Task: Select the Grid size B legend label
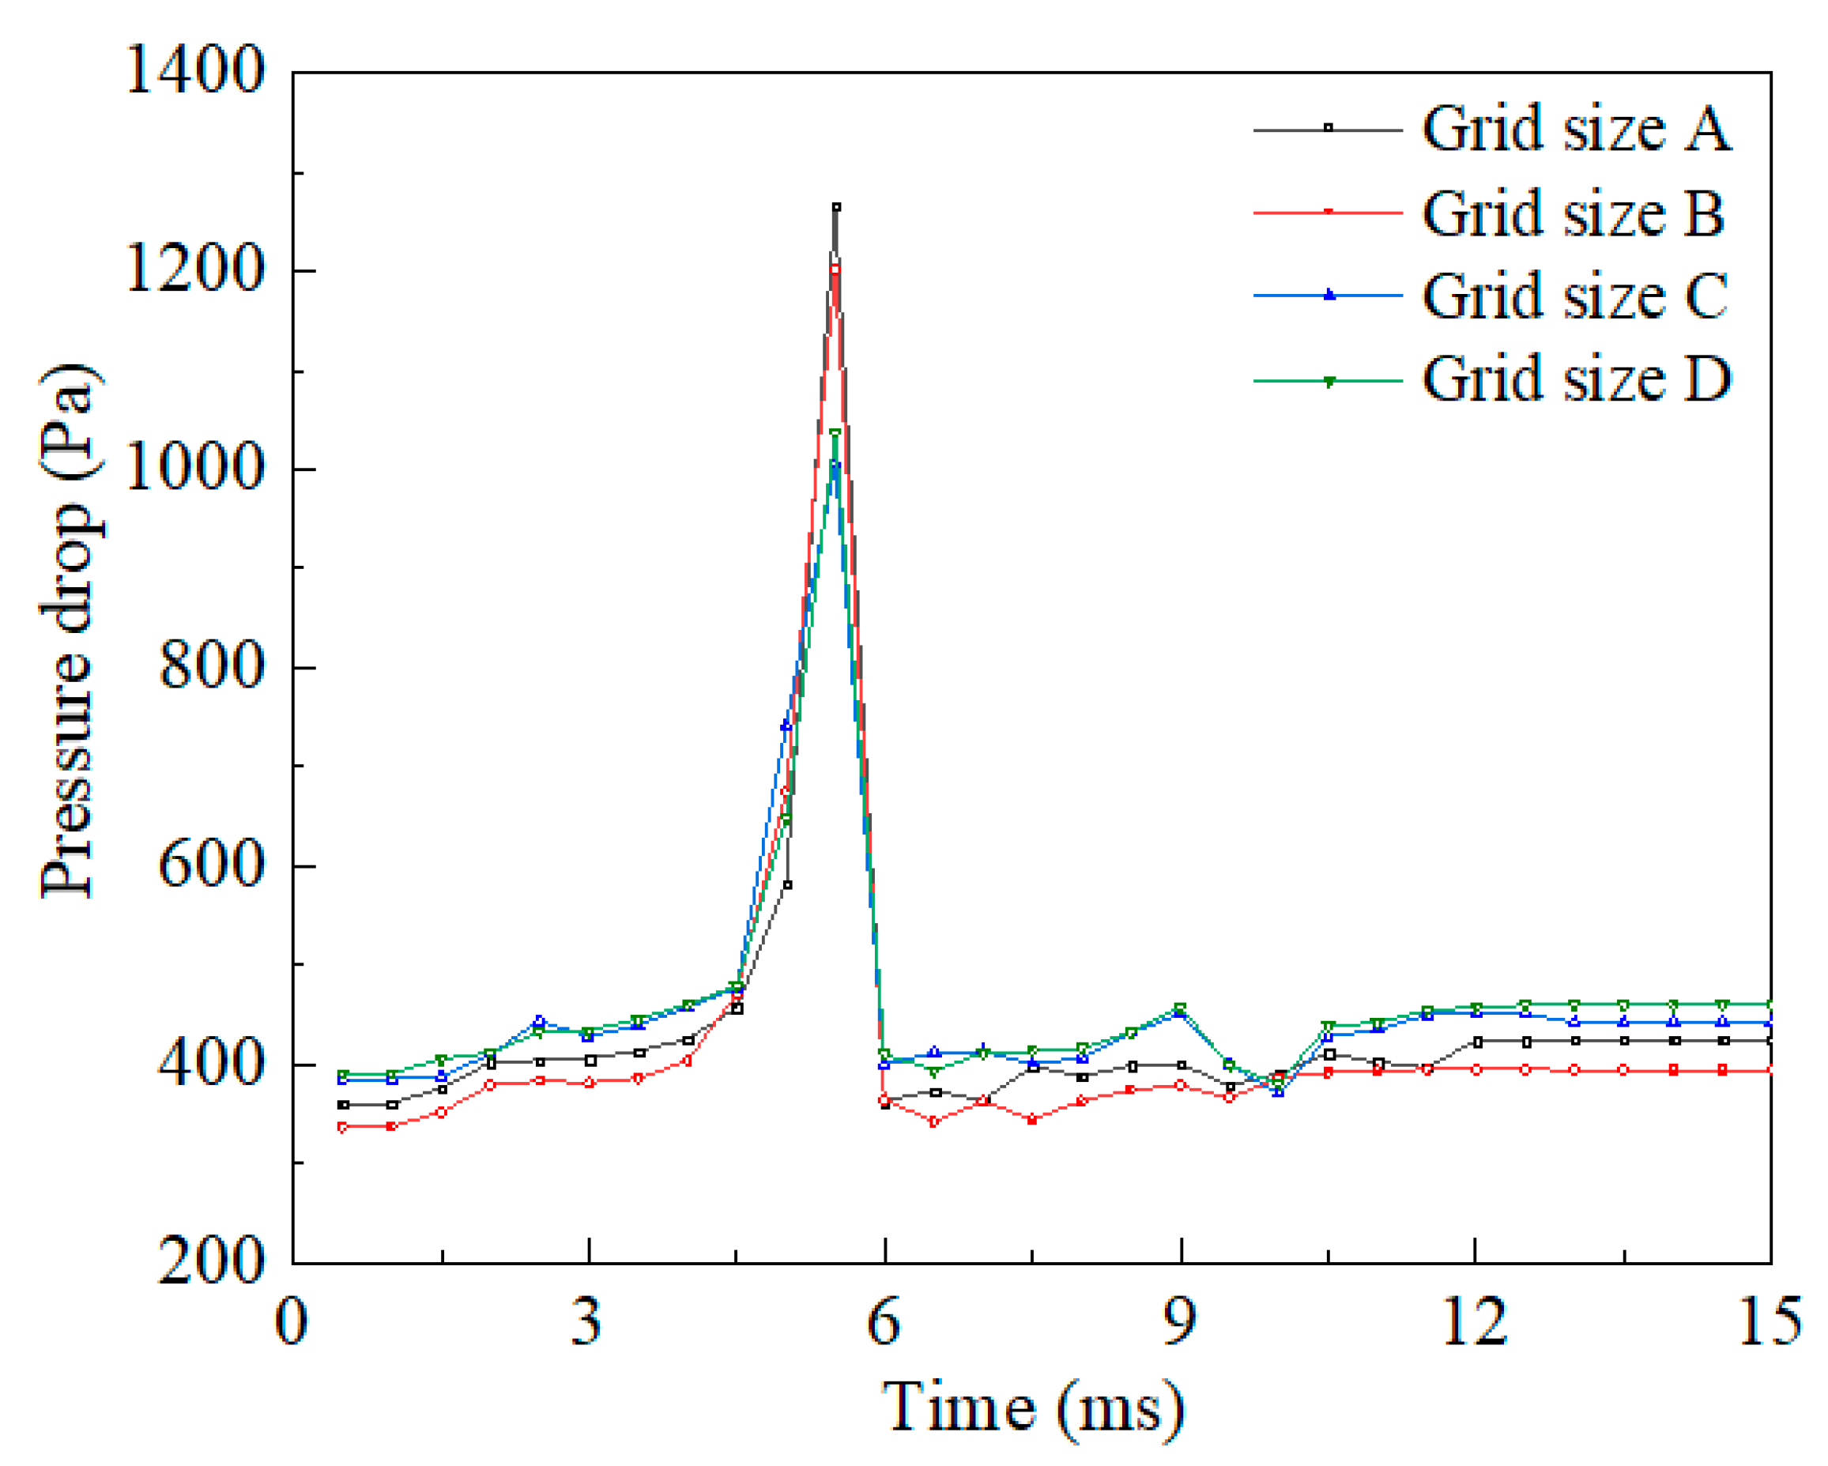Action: tap(1573, 213)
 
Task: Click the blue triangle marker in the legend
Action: tap(1329, 295)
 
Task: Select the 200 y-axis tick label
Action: tap(210, 1261)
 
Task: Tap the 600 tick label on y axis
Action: tap(210, 865)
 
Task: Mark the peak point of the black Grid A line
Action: tap(836, 207)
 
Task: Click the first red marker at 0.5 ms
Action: tap(342, 1127)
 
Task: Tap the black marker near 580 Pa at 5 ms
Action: tap(788, 885)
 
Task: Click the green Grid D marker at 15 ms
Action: tap(1770, 1004)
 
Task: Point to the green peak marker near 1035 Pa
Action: tap(835, 433)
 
